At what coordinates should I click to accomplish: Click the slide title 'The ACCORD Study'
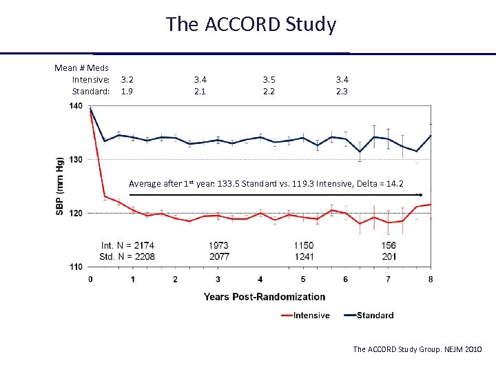coord(251,24)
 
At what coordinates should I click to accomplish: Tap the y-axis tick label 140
coord(75,106)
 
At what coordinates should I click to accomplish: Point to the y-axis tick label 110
coord(75,267)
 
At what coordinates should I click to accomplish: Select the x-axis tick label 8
coord(431,279)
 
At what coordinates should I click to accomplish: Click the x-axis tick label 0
coord(90,279)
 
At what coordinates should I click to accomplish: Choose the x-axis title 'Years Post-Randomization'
coord(265,297)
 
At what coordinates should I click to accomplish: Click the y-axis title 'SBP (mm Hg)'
coord(60,185)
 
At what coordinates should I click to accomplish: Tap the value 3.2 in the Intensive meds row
coord(127,80)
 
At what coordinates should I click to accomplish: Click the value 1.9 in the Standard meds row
coord(127,91)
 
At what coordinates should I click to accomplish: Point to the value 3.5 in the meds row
coord(269,80)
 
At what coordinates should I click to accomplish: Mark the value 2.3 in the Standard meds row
coord(342,91)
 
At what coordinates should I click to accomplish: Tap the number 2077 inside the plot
coord(218,256)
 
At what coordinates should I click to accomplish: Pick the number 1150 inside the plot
coord(303,245)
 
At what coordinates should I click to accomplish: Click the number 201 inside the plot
coord(389,256)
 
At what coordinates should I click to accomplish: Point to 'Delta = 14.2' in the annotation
coord(378,184)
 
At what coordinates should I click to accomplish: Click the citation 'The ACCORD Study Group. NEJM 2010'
coord(417,349)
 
